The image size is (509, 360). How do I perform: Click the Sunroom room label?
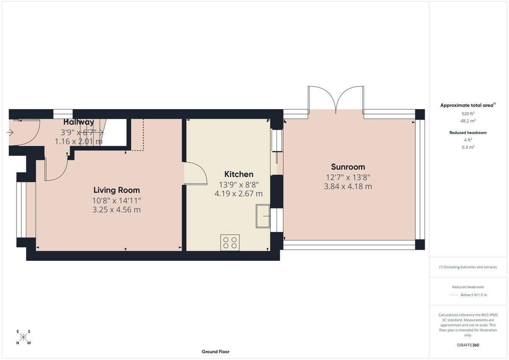click(348, 167)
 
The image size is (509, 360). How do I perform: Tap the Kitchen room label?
click(239, 174)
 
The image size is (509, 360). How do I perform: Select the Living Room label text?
click(117, 190)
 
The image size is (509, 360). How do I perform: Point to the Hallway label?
click(79, 123)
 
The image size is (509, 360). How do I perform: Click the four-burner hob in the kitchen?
click(230, 242)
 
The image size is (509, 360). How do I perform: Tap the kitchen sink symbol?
click(263, 216)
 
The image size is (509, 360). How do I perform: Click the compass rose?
click(24, 337)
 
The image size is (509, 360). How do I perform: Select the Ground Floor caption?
click(215, 352)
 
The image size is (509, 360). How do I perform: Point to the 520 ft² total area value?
click(468, 114)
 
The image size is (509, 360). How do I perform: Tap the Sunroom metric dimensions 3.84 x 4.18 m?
click(348, 186)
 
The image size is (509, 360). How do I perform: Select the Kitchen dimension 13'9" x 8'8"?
click(239, 184)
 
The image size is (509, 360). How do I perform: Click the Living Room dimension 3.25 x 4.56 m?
click(117, 209)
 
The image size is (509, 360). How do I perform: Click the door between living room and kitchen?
click(195, 173)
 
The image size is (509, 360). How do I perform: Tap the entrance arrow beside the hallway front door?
click(10, 133)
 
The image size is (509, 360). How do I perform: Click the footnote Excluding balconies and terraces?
click(468, 267)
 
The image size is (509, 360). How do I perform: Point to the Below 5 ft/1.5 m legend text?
click(474, 295)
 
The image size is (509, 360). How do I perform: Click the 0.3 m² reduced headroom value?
click(468, 147)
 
